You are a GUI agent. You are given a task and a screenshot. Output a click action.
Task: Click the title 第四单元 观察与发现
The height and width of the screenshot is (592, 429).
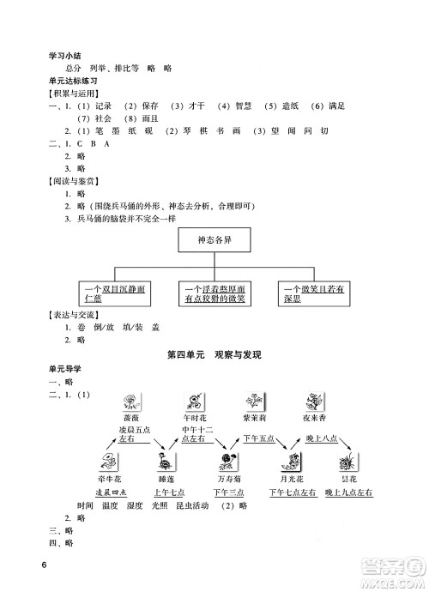(213, 354)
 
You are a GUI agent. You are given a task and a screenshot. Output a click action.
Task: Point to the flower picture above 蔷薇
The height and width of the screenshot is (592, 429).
(130, 402)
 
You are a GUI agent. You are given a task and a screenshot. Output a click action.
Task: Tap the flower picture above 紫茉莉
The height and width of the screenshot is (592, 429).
(254, 402)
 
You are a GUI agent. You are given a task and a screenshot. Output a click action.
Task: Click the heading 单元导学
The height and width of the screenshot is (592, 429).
(65, 369)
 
